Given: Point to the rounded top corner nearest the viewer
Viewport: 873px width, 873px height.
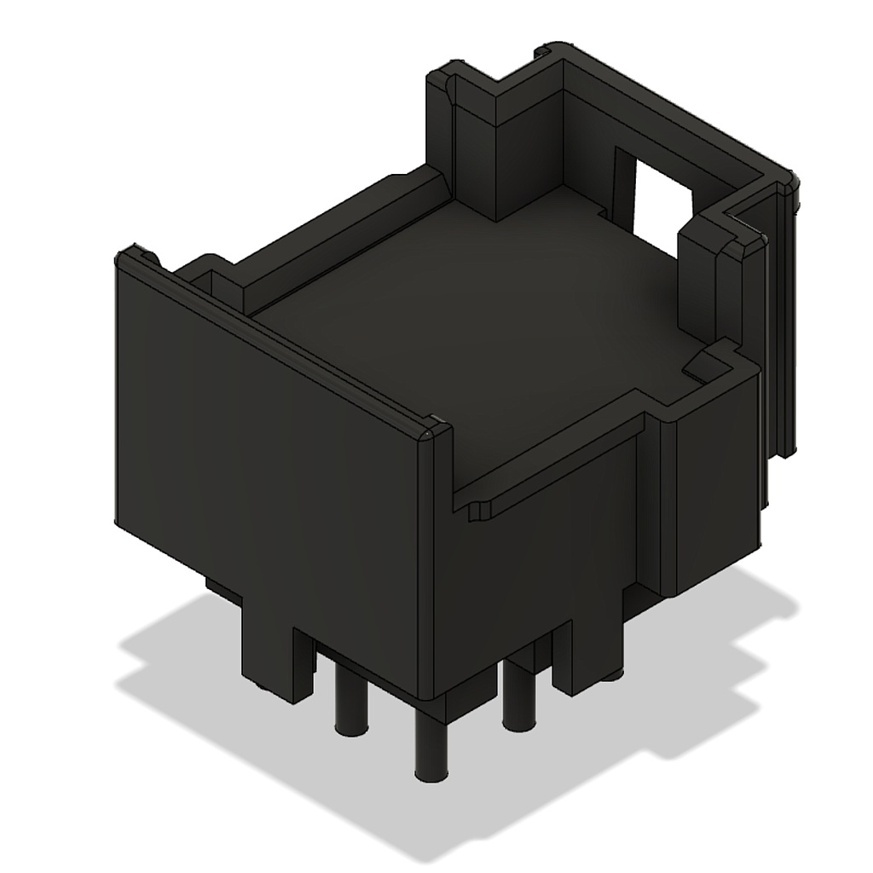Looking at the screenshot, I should click(x=435, y=431).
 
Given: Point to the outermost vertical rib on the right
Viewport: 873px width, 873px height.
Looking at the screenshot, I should click(x=788, y=324).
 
